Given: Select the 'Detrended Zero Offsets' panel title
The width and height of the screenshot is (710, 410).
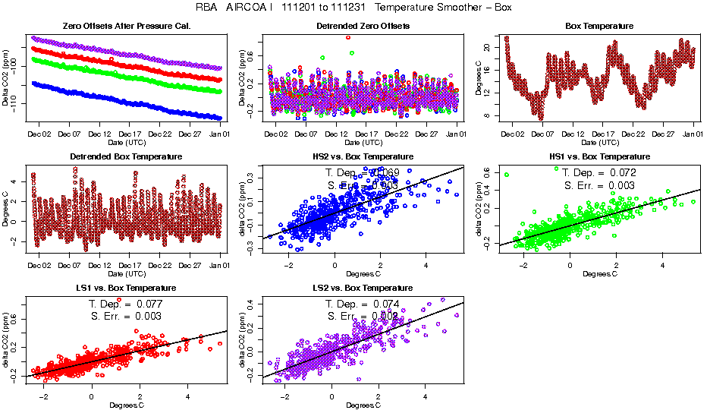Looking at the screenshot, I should click(x=363, y=26).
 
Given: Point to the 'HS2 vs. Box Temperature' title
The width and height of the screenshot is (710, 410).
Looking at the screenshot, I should click(x=363, y=156).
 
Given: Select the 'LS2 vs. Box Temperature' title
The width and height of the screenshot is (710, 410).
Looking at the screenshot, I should click(x=363, y=288).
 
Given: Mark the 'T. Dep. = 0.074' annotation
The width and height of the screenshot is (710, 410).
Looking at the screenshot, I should click(x=363, y=304).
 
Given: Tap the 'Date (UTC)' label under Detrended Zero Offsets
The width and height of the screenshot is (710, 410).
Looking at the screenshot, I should click(x=363, y=142).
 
